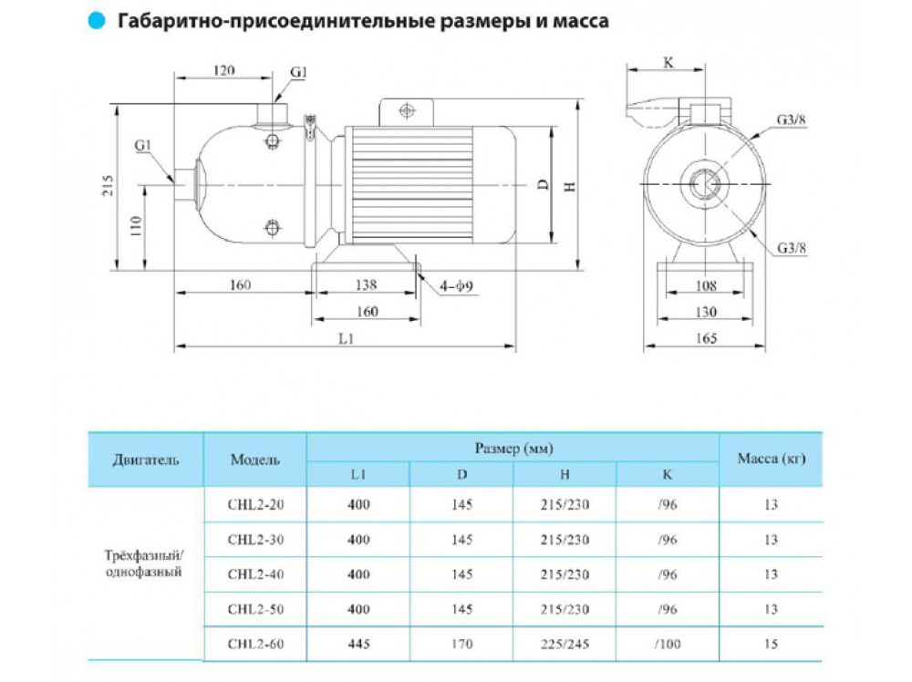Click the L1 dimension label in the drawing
[346, 337]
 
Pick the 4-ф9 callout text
[454, 289]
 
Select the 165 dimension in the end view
[705, 337]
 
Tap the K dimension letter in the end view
[668, 65]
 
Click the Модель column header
[255, 460]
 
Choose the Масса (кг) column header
[772, 460]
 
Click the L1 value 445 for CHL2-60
[358, 644]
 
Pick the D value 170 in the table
[461, 644]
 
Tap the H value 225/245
[565, 644]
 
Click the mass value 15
[772, 644]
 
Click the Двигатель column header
[147, 460]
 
